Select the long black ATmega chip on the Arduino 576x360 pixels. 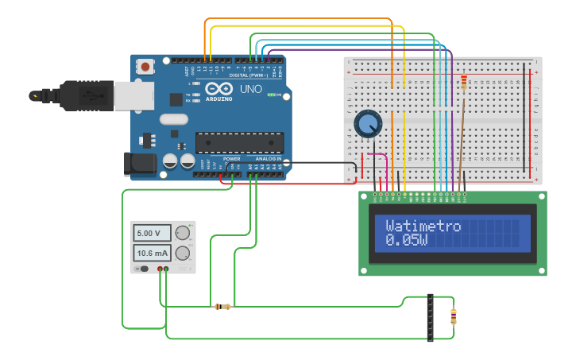tap(239, 142)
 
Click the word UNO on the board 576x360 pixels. tap(251, 88)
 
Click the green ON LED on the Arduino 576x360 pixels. tap(271, 95)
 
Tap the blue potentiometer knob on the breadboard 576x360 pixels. tap(368, 124)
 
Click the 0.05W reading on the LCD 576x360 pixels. tap(406, 239)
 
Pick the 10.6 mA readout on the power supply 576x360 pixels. tap(152, 254)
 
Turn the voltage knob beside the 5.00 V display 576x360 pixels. tap(183, 233)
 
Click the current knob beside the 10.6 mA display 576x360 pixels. tap(183, 254)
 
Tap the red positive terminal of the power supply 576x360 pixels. tap(160, 269)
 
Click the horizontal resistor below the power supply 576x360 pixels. tap(222, 307)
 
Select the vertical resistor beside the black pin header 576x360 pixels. tap(454, 316)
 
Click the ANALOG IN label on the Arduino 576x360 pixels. tap(267, 159)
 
